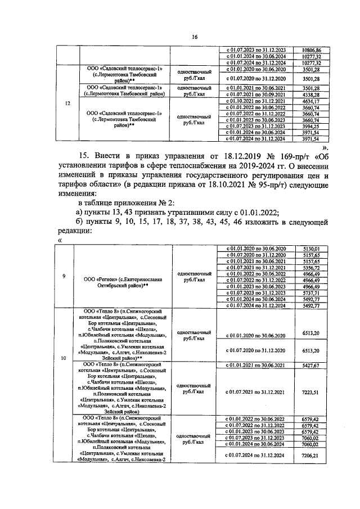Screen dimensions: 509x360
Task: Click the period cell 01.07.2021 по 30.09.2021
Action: [256, 95]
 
